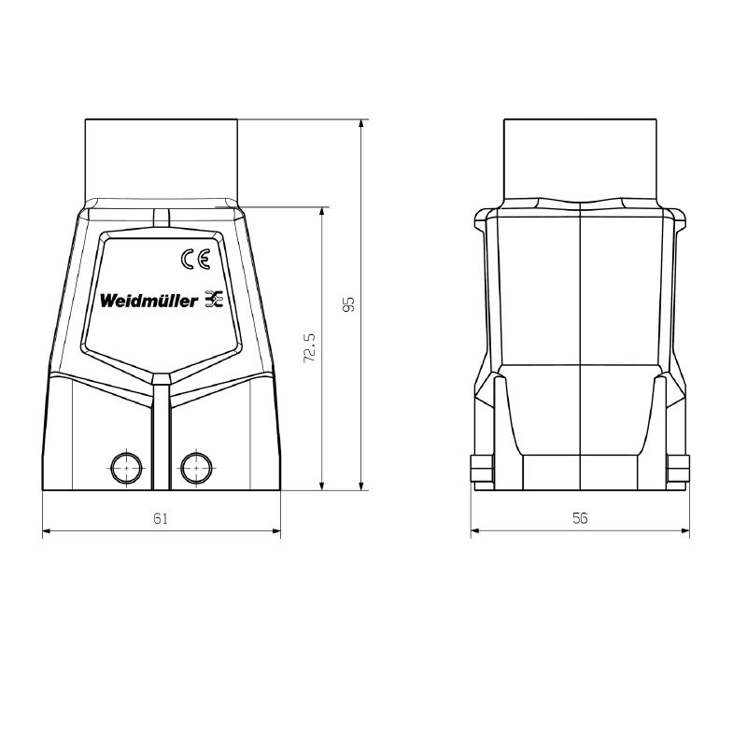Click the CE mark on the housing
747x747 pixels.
tap(195, 260)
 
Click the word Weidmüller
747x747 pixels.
tap(148, 301)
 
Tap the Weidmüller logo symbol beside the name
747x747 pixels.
tap(214, 298)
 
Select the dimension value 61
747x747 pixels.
tap(161, 518)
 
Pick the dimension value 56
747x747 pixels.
tap(580, 518)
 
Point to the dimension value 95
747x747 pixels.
tap(349, 304)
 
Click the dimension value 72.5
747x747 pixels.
tap(310, 347)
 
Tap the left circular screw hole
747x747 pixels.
tap(126, 468)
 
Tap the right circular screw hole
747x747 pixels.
tap(196, 468)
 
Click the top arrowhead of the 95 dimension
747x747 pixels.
tap(361, 123)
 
